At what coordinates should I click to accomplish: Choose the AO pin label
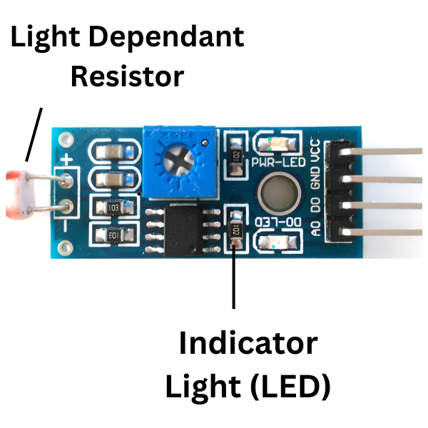pyautogui.click(x=314, y=228)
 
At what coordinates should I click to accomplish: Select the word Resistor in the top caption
pyautogui.click(x=127, y=75)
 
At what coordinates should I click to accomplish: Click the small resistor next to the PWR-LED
pyautogui.click(x=235, y=157)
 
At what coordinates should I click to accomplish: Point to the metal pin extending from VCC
pyautogui.click(x=385, y=151)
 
